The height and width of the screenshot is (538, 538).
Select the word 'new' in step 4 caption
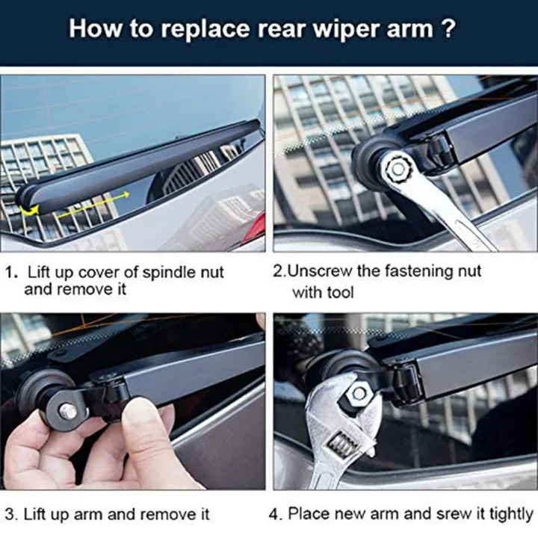click(x=358, y=514)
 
